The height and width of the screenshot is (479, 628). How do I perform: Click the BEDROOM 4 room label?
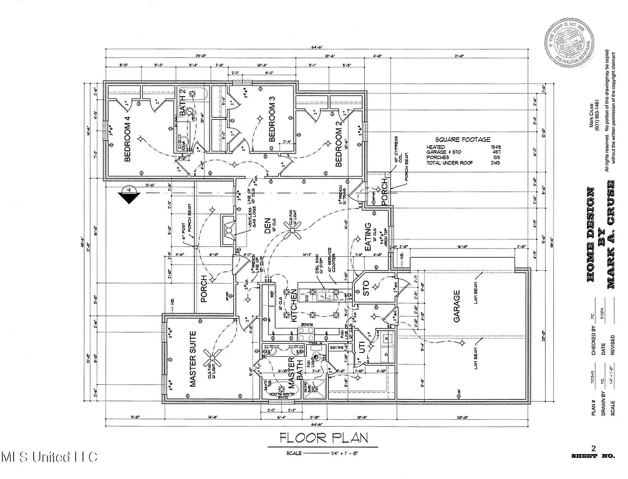127,138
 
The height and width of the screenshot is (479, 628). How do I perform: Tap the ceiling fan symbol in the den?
294,231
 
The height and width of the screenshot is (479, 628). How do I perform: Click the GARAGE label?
457,306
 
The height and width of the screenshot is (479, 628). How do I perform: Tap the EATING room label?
367,238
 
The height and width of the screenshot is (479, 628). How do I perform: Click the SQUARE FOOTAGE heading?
463,140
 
